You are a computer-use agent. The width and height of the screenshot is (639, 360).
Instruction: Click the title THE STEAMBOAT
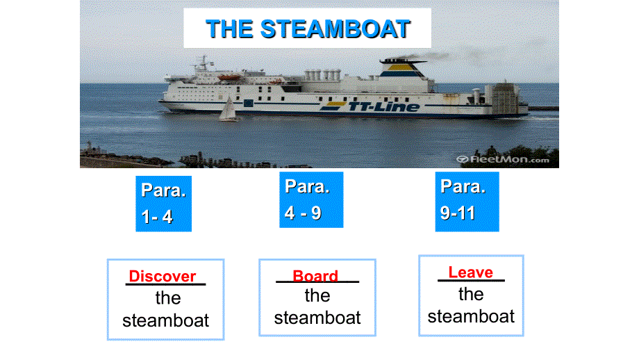(x=308, y=29)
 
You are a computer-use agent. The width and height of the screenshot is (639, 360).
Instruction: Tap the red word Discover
(x=163, y=276)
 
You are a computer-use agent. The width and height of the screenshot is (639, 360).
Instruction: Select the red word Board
(x=315, y=276)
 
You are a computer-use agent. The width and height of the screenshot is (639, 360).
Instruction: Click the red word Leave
(x=470, y=272)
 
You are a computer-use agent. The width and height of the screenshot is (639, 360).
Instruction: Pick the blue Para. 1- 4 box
(x=163, y=203)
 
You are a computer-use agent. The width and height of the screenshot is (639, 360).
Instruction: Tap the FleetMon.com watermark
(x=503, y=159)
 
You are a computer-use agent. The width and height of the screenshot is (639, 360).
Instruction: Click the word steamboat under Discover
(x=165, y=320)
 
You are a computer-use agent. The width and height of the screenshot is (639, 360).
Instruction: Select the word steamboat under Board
(x=317, y=318)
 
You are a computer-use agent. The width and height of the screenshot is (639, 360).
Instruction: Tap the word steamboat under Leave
(x=471, y=316)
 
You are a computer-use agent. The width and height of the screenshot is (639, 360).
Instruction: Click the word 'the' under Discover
(x=167, y=298)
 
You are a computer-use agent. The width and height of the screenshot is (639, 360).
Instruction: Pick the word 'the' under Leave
(x=471, y=294)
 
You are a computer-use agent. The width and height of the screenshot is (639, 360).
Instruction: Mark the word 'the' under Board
(x=317, y=295)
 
